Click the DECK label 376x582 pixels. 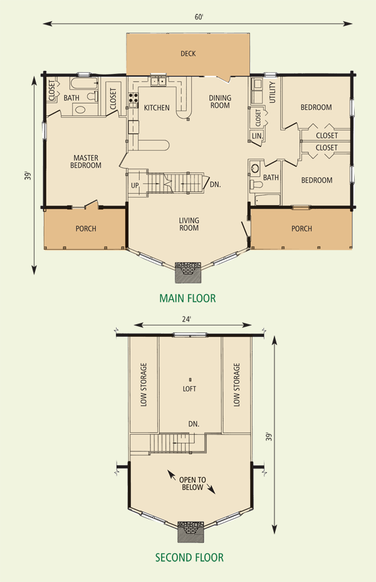pyautogui.click(x=188, y=54)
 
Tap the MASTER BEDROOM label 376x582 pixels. pyautogui.click(x=86, y=161)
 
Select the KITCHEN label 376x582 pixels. pyautogui.click(x=157, y=108)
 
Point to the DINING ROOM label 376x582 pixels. pyautogui.click(x=220, y=102)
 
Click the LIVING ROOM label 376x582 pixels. pyautogui.click(x=189, y=224)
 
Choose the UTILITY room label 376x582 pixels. pyautogui.click(x=273, y=92)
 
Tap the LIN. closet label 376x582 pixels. pyautogui.click(x=258, y=136)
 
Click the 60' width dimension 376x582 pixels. pyautogui.click(x=199, y=17)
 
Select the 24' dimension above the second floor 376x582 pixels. pyautogui.click(x=187, y=319)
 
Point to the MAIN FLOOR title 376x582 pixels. pyautogui.click(x=187, y=298)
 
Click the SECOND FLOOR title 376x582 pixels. pyautogui.click(x=189, y=557)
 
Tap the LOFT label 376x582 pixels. pyautogui.click(x=189, y=389)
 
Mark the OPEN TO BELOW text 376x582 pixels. pyautogui.click(x=192, y=484)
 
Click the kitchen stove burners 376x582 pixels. pyautogui.click(x=133, y=98)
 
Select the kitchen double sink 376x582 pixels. pyautogui.click(x=158, y=81)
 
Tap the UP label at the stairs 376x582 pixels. pyautogui.click(x=135, y=185)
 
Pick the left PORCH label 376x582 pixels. pyautogui.click(x=86, y=229)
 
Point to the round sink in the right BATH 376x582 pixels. pyautogui.click(x=255, y=169)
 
